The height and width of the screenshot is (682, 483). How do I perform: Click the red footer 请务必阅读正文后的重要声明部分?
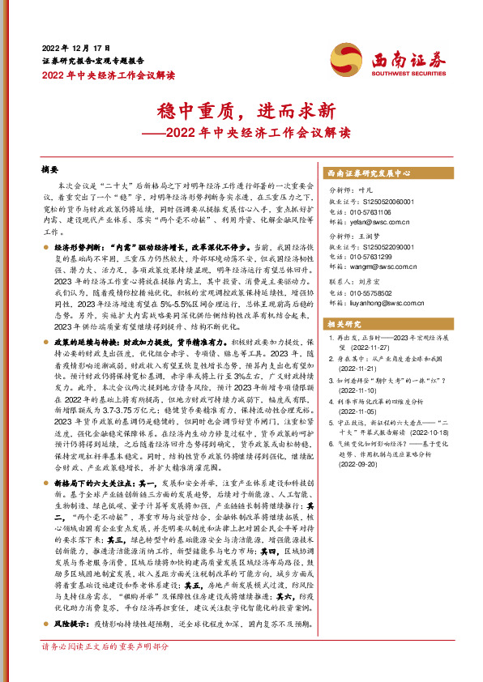coord(105,647)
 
